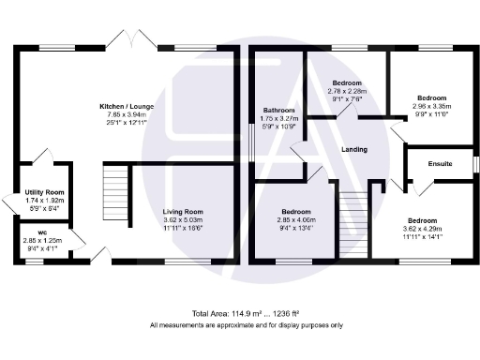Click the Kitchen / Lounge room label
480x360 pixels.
coord(127,107)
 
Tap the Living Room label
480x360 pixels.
coord(183,212)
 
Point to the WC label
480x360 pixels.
coord(43,232)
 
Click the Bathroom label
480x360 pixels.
coord(278,109)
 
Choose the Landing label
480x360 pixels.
coord(352,149)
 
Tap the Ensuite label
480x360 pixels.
coord(440,164)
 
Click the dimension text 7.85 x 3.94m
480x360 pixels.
coord(127,114)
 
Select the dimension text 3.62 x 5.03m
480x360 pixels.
coord(183,220)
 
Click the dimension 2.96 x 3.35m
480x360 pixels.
coord(431,106)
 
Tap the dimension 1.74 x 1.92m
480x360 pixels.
coord(44,200)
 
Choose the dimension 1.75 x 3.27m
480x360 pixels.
coord(278,117)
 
